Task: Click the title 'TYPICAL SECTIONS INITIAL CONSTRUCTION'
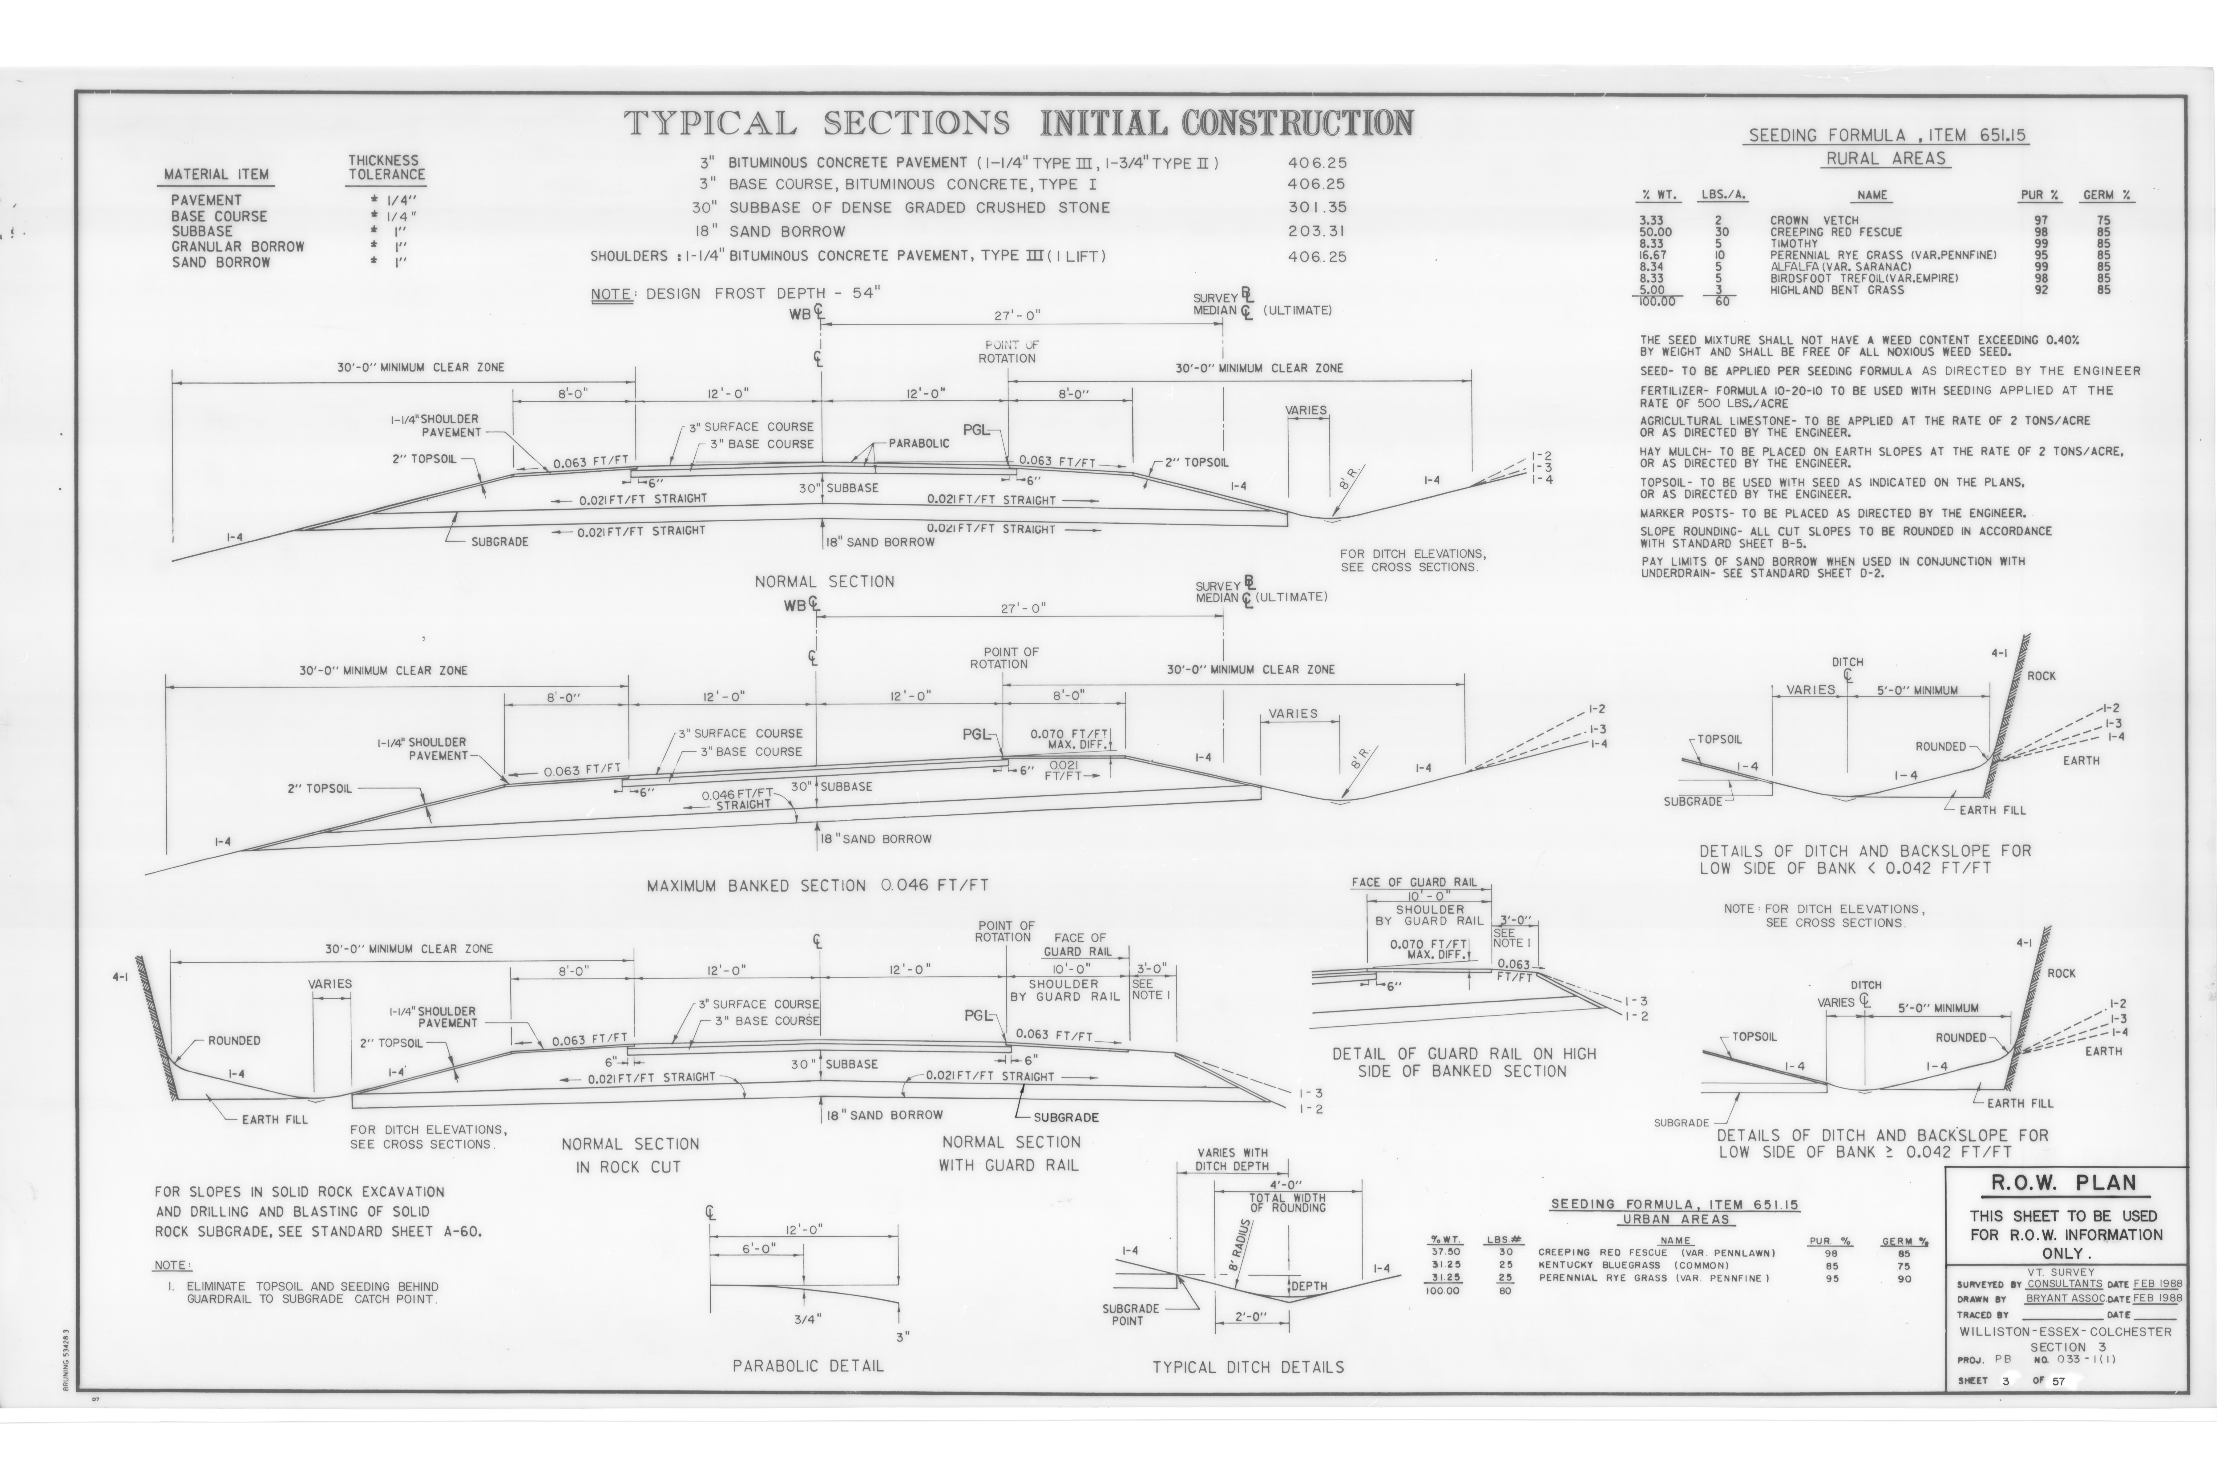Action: pyautogui.click(x=1018, y=123)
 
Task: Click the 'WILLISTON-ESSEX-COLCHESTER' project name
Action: pyautogui.click(x=2064, y=1332)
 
